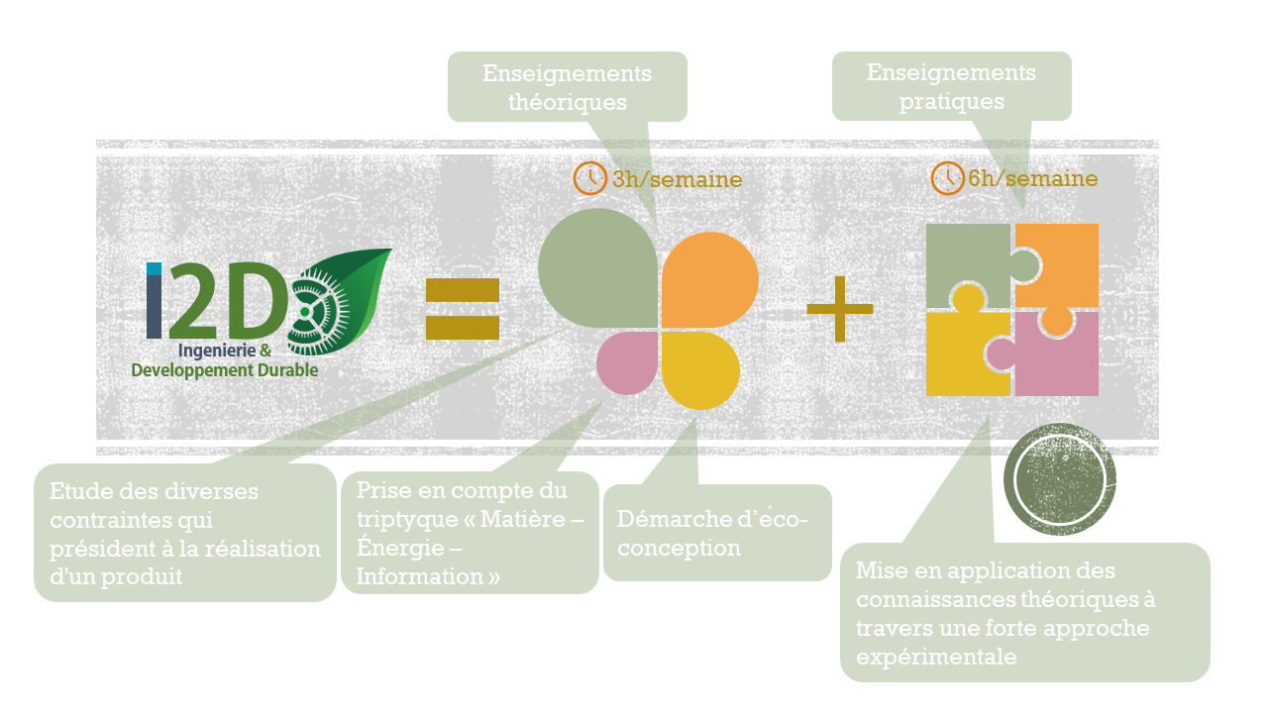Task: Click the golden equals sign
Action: [463, 309]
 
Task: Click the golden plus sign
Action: [840, 309]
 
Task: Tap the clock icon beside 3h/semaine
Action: [589, 178]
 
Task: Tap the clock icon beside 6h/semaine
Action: [948, 177]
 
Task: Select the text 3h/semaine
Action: [677, 179]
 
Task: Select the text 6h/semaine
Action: [1033, 178]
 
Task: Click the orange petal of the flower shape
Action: [710, 279]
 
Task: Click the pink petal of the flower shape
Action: [627, 363]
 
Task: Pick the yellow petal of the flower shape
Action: [700, 370]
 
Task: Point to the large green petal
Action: [597, 267]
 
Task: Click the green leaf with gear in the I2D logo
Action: [340, 302]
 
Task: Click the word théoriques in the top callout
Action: [568, 102]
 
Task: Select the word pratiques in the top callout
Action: [952, 102]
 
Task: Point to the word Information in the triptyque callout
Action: [419, 576]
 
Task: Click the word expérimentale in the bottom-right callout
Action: [936, 657]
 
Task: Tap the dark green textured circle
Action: [1060, 479]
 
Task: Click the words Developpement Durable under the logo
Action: [225, 370]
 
